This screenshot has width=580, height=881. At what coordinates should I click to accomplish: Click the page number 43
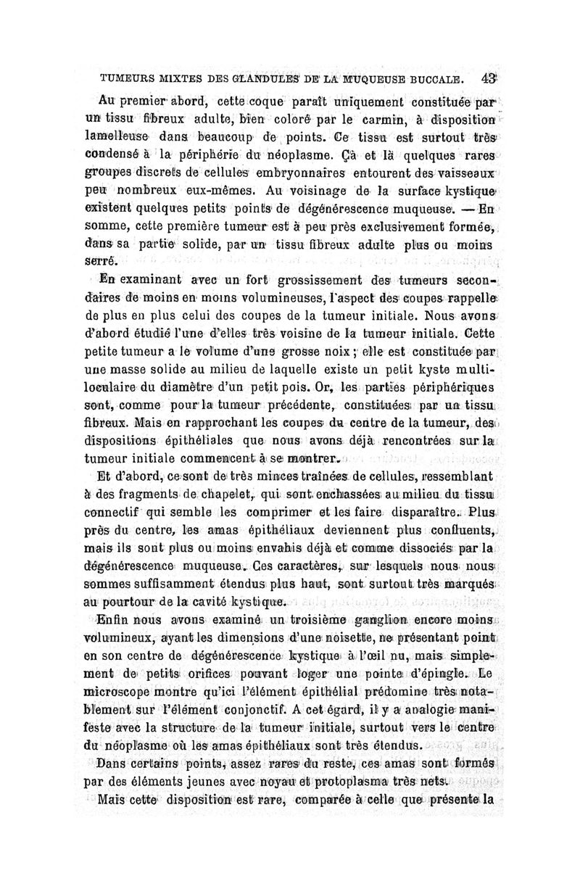point(486,78)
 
